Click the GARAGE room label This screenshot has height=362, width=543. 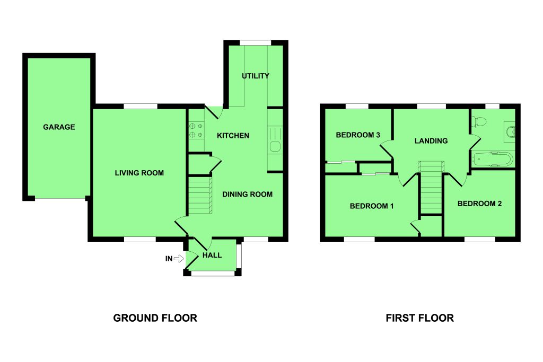(59, 127)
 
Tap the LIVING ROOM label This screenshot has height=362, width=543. (139, 173)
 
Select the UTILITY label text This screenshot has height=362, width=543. (256, 76)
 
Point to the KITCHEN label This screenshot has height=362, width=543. (233, 136)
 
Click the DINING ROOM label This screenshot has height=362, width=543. (247, 195)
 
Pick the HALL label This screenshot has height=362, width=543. (212, 255)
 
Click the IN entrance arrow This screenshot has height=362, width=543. (179, 259)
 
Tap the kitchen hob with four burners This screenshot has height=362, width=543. (196, 130)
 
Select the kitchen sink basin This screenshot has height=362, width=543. (275, 146)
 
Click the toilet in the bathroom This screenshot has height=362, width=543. (479, 122)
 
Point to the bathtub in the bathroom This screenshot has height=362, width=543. (493, 160)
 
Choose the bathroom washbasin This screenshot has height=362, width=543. (510, 131)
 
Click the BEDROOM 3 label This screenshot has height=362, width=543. (358, 135)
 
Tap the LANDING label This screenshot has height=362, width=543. (431, 141)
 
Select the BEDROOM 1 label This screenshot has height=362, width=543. (372, 206)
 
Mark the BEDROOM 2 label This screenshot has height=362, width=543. (479, 204)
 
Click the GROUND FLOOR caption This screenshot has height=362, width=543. (155, 318)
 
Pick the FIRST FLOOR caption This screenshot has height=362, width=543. (420, 318)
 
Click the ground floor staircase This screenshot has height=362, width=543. (200, 195)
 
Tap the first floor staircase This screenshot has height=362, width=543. (431, 187)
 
